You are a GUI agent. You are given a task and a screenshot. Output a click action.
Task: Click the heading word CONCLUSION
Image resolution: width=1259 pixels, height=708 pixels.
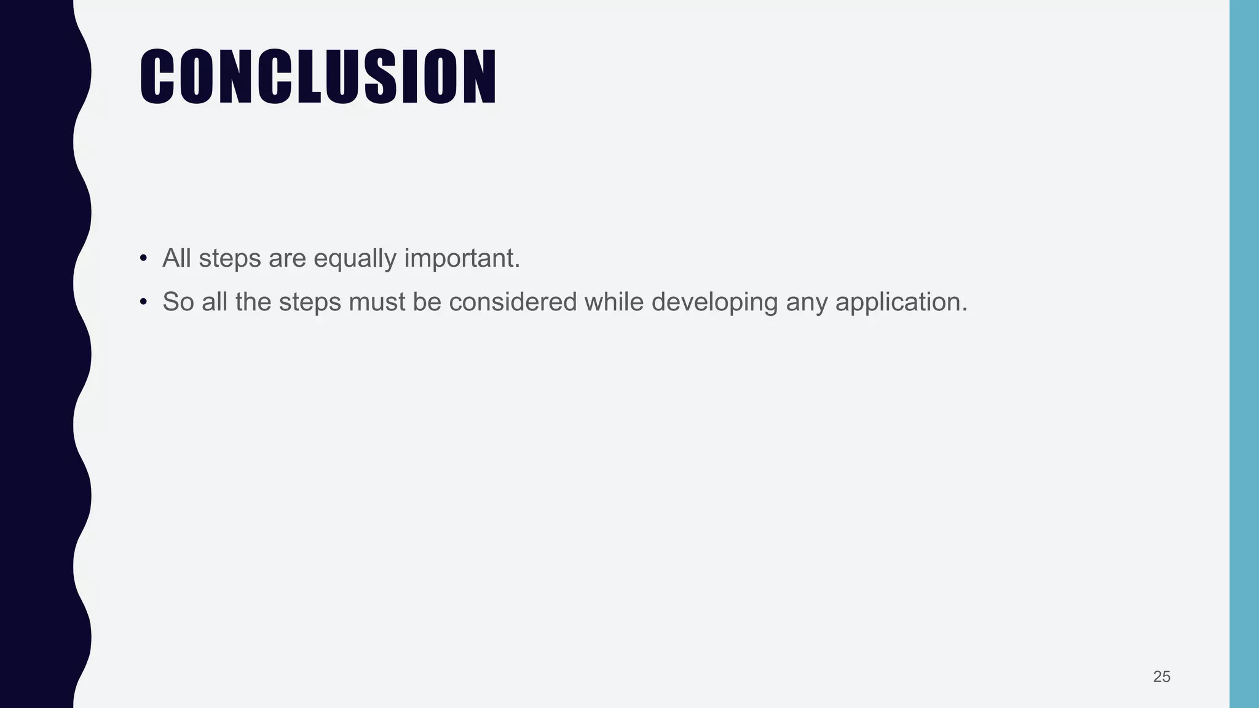318,76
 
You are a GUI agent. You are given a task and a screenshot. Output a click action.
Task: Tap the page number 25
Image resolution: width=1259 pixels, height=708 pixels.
1161,677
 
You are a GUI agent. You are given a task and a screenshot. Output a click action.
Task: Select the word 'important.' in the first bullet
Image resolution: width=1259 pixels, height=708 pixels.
462,259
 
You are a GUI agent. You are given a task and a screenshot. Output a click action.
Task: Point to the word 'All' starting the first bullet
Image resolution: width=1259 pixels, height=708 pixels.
176,258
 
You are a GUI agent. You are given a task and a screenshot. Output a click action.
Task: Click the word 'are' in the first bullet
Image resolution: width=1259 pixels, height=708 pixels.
287,259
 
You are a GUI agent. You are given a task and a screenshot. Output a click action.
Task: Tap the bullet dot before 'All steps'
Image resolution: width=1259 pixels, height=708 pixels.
143,258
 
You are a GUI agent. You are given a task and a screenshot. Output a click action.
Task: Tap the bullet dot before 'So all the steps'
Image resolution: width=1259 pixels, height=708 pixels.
143,302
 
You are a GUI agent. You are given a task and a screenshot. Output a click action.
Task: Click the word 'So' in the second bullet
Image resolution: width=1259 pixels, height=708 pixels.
178,302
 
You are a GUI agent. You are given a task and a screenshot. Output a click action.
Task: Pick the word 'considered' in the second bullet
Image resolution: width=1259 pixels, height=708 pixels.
513,302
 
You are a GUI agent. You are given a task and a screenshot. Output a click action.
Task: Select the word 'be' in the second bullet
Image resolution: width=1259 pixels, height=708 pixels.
427,302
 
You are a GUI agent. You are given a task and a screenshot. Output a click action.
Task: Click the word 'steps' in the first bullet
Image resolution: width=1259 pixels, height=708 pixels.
230,259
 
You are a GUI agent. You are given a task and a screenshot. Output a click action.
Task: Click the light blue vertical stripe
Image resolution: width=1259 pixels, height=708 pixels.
1244,354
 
